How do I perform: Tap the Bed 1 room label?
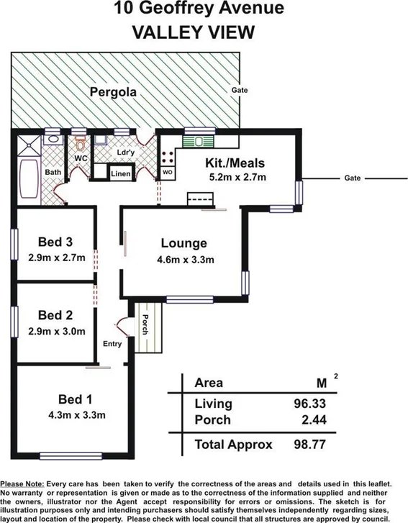point(76,400)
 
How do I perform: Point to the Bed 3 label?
point(55,242)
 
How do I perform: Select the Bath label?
point(53,173)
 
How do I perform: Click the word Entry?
point(113,344)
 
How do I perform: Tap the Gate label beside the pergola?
point(240,91)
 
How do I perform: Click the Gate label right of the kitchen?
point(352,178)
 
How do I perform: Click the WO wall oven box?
point(166,173)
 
